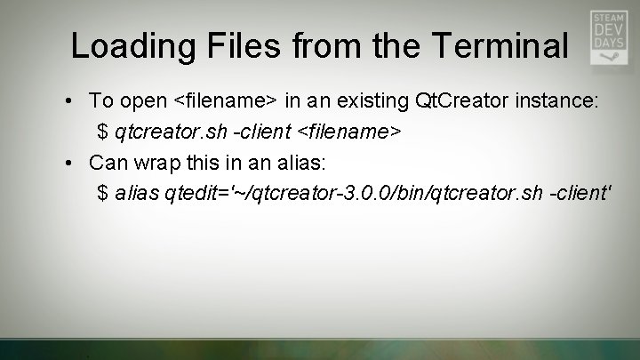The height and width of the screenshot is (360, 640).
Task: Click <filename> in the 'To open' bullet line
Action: (229, 101)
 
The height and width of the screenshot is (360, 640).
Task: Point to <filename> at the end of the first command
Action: (349, 132)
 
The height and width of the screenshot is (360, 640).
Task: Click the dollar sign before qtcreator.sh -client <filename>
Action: (103, 132)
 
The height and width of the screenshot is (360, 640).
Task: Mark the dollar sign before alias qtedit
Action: (103, 195)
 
